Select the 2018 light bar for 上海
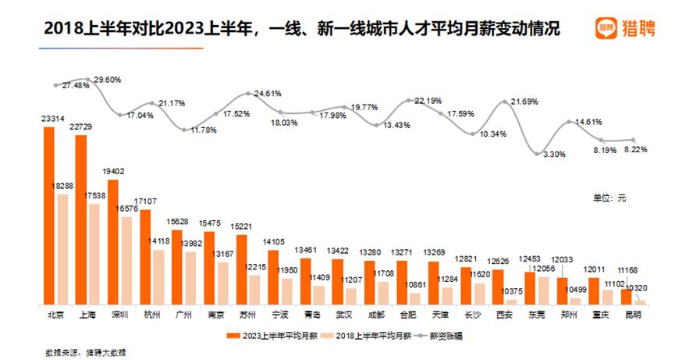pos(94,254)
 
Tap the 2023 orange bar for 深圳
pos(113,241)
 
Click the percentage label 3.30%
pos(553,154)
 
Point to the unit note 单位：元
pos(606,198)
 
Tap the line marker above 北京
pos(56,85)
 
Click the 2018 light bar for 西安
pos(511,301)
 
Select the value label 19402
pos(113,172)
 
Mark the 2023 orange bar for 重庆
pos(595,290)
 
